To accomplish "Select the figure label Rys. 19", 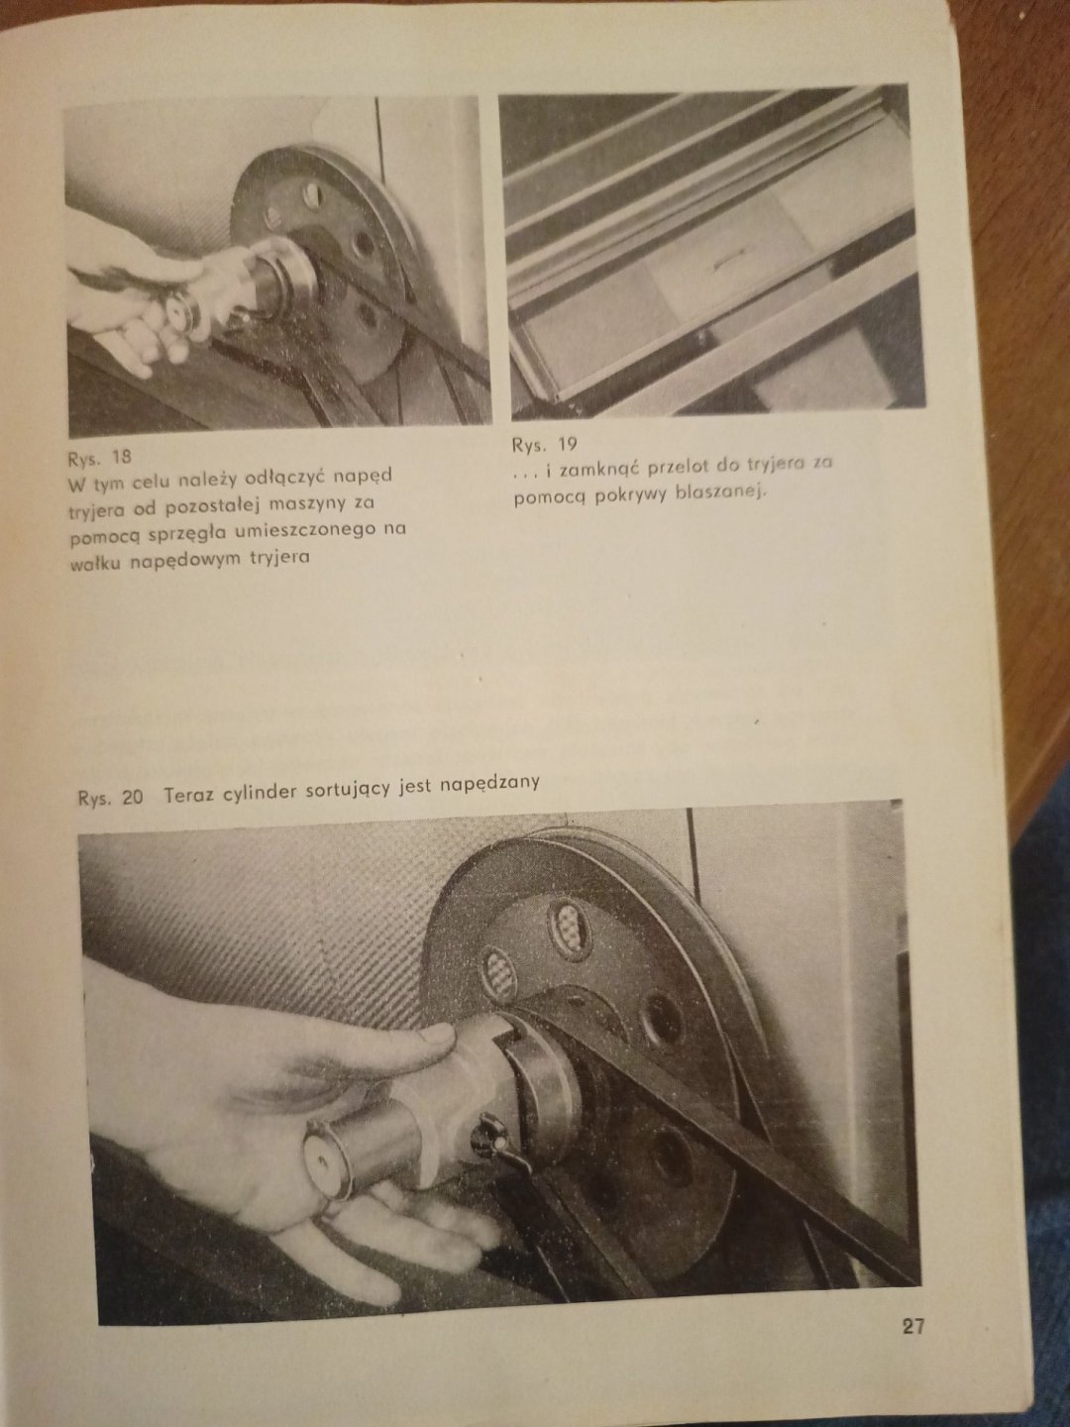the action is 545,445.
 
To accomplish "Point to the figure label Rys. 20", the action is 110,797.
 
